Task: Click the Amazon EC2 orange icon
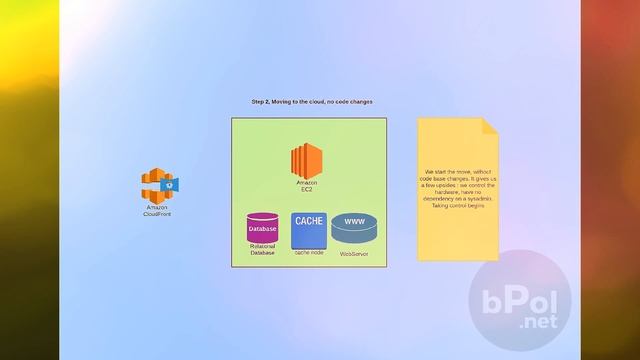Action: click(306, 161)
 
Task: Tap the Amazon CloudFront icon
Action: click(157, 185)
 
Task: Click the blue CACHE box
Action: click(309, 231)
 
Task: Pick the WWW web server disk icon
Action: click(355, 229)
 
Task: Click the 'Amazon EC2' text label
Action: click(306, 186)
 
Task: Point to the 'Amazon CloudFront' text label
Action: click(157, 211)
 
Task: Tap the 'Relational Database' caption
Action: click(263, 251)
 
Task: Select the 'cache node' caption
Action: click(309, 253)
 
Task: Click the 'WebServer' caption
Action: click(355, 254)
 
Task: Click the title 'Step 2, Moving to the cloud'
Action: click(290, 102)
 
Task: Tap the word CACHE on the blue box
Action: click(309, 221)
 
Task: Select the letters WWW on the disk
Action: click(354, 222)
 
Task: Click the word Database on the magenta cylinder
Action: click(263, 229)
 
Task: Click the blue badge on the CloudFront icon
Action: click(171, 184)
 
